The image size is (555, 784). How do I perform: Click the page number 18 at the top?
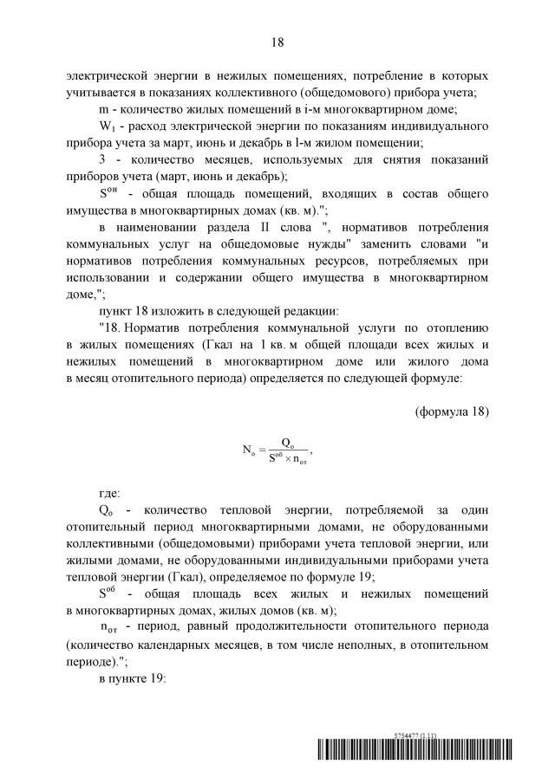[x=277, y=42]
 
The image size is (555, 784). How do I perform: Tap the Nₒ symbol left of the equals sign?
[x=246, y=449]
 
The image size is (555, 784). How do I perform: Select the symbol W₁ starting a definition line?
[x=107, y=126]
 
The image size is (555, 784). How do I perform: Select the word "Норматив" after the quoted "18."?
[x=159, y=327]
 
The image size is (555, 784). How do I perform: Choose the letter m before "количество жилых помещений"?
[x=103, y=109]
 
